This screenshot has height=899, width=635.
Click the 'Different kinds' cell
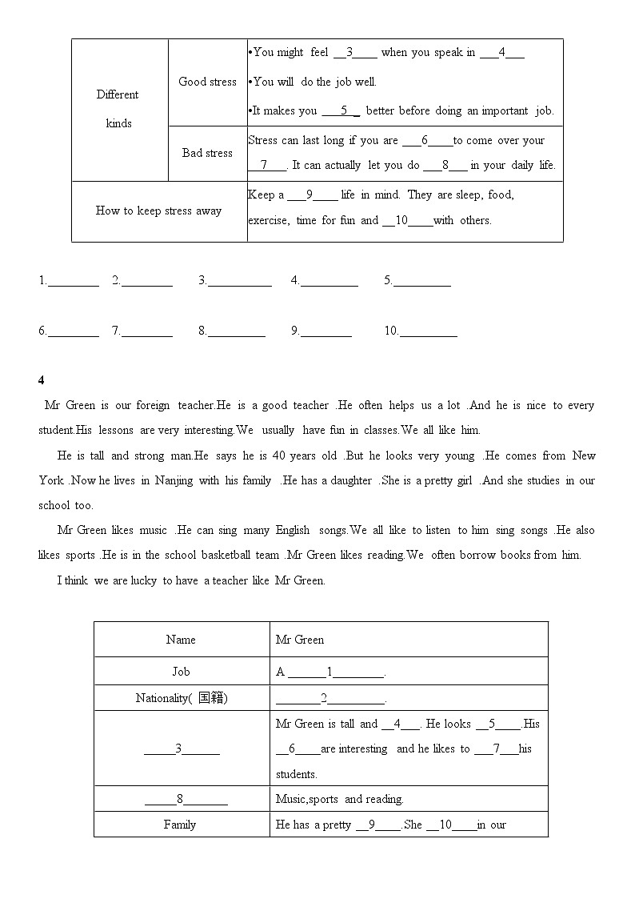[118, 109]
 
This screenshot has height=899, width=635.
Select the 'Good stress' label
[207, 82]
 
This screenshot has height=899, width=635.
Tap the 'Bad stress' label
[207, 153]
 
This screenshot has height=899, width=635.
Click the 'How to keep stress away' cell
[158, 211]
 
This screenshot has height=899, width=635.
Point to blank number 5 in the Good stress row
[341, 111]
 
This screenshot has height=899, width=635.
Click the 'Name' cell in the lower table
[181, 640]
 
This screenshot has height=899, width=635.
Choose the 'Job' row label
[181, 672]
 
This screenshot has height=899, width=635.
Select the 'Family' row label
[180, 825]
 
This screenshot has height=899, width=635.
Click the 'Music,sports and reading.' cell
[339, 799]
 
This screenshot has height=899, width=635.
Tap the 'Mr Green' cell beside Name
[299, 640]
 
